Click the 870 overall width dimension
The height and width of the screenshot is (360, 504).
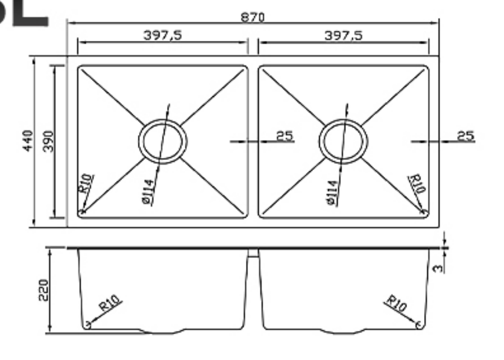pyautogui.click(x=253, y=17)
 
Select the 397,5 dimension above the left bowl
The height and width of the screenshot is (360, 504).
pyautogui.click(x=163, y=35)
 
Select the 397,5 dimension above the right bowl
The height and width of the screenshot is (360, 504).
pyautogui.click(x=344, y=35)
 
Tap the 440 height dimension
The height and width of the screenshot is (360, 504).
pyautogui.click(x=28, y=141)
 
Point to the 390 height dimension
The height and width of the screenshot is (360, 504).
pyautogui.click(x=48, y=141)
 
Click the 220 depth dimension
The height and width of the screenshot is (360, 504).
pyautogui.click(x=43, y=290)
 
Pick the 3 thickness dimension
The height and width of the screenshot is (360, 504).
pyautogui.click(x=438, y=267)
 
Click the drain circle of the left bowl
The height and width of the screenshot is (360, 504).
pyautogui.click(x=163, y=141)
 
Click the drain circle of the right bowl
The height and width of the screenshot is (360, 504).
pyautogui.click(x=343, y=141)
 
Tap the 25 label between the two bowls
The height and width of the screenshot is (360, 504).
pyautogui.click(x=284, y=136)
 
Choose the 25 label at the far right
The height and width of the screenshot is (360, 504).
pyautogui.click(x=466, y=136)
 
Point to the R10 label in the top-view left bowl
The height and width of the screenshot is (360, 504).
pyautogui.click(x=87, y=184)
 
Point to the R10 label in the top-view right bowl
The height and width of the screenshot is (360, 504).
pyautogui.click(x=417, y=184)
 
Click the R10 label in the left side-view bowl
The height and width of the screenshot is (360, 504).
pyautogui.click(x=110, y=304)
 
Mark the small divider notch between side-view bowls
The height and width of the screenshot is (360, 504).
pyautogui.click(x=253, y=253)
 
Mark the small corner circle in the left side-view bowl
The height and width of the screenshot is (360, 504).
pyautogui.click(x=87, y=325)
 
